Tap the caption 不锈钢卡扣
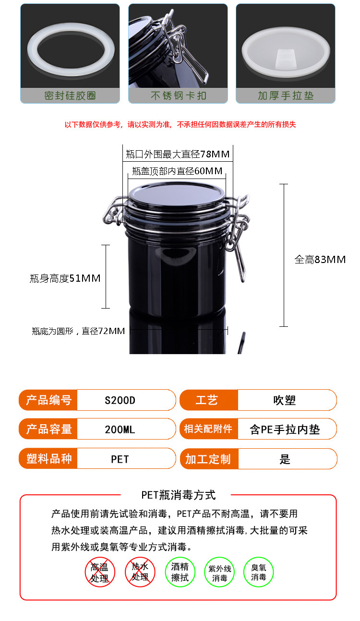[178, 96]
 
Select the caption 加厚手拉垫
[286, 96]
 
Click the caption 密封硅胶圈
[70, 96]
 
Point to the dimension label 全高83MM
[320, 260]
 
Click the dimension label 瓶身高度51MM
[65, 278]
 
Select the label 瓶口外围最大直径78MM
[178, 154]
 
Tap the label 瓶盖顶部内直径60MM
[177, 171]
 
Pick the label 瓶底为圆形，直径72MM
[78, 331]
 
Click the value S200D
[120, 400]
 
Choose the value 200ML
[120, 429]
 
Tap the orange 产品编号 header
[48, 400]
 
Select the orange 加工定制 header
[208, 459]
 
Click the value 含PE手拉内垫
[285, 429]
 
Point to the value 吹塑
[285, 400]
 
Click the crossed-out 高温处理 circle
[100, 572]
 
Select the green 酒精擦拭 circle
[180, 572]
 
